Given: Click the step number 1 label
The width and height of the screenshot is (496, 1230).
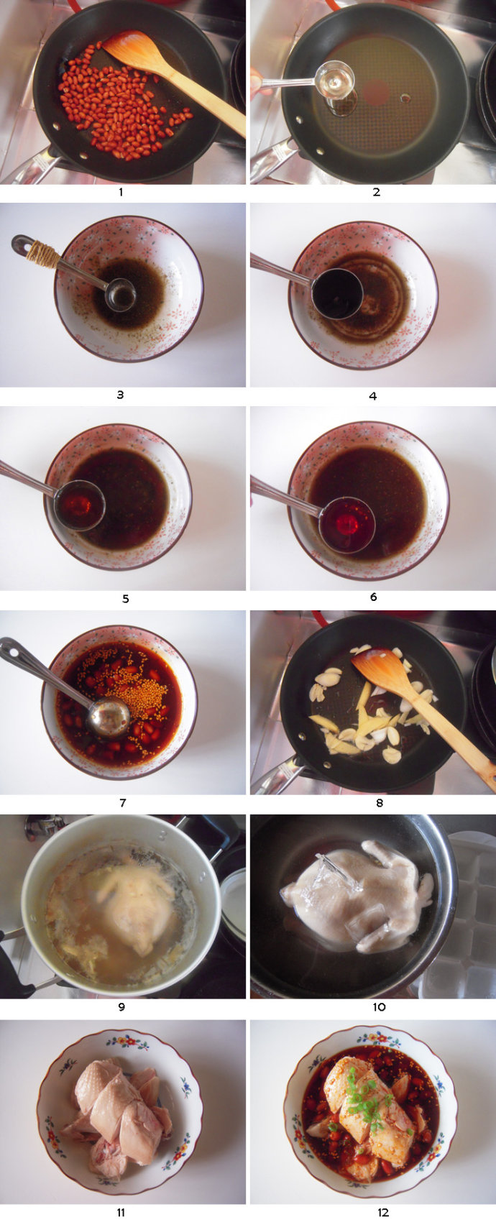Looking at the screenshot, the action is tap(121, 192).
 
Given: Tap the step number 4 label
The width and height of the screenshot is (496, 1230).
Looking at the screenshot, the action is tap(373, 396).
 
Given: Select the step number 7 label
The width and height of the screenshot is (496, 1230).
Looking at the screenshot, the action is tap(122, 803).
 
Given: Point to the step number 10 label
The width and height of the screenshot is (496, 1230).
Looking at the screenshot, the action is tap(379, 1007).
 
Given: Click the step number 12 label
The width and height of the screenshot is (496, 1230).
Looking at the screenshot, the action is tap(383, 1213).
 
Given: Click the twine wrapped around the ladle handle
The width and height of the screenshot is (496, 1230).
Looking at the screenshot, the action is tap(42, 254).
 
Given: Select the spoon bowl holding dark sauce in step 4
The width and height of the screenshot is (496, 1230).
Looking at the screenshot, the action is tap(337, 294).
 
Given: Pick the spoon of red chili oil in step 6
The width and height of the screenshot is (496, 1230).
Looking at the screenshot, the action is tap(346, 525).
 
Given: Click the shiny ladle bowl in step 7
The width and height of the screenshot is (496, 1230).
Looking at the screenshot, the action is tap(109, 717).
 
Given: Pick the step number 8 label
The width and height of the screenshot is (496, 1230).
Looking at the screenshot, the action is tap(380, 803).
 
